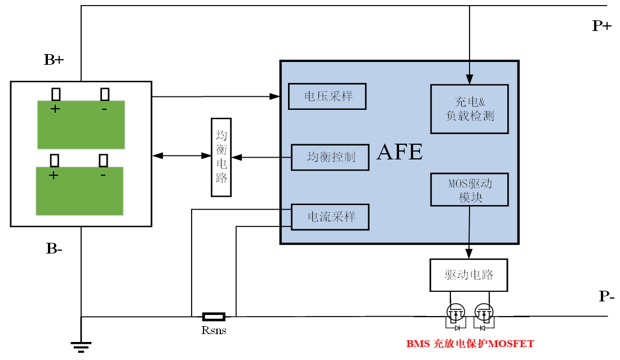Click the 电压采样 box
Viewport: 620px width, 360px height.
327,96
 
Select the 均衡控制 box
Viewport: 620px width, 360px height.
330,157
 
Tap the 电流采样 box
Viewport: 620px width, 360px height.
330,217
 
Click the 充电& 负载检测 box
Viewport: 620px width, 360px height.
470,109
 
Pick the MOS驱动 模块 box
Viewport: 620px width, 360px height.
470,189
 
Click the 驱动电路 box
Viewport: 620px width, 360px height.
469,275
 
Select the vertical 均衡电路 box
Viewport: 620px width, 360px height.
221,157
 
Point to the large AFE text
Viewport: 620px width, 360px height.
399,152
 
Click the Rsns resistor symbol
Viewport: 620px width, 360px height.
214,317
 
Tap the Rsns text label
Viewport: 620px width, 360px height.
214,331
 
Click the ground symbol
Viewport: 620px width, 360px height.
81,345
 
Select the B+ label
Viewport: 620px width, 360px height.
54,60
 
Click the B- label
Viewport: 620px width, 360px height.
54,248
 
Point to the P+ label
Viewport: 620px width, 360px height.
601,25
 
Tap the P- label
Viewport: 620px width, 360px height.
606,297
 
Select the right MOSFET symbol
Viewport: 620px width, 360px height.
484,312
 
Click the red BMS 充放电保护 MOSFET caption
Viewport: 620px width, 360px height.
470,344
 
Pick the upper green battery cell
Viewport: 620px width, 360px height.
81,125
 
